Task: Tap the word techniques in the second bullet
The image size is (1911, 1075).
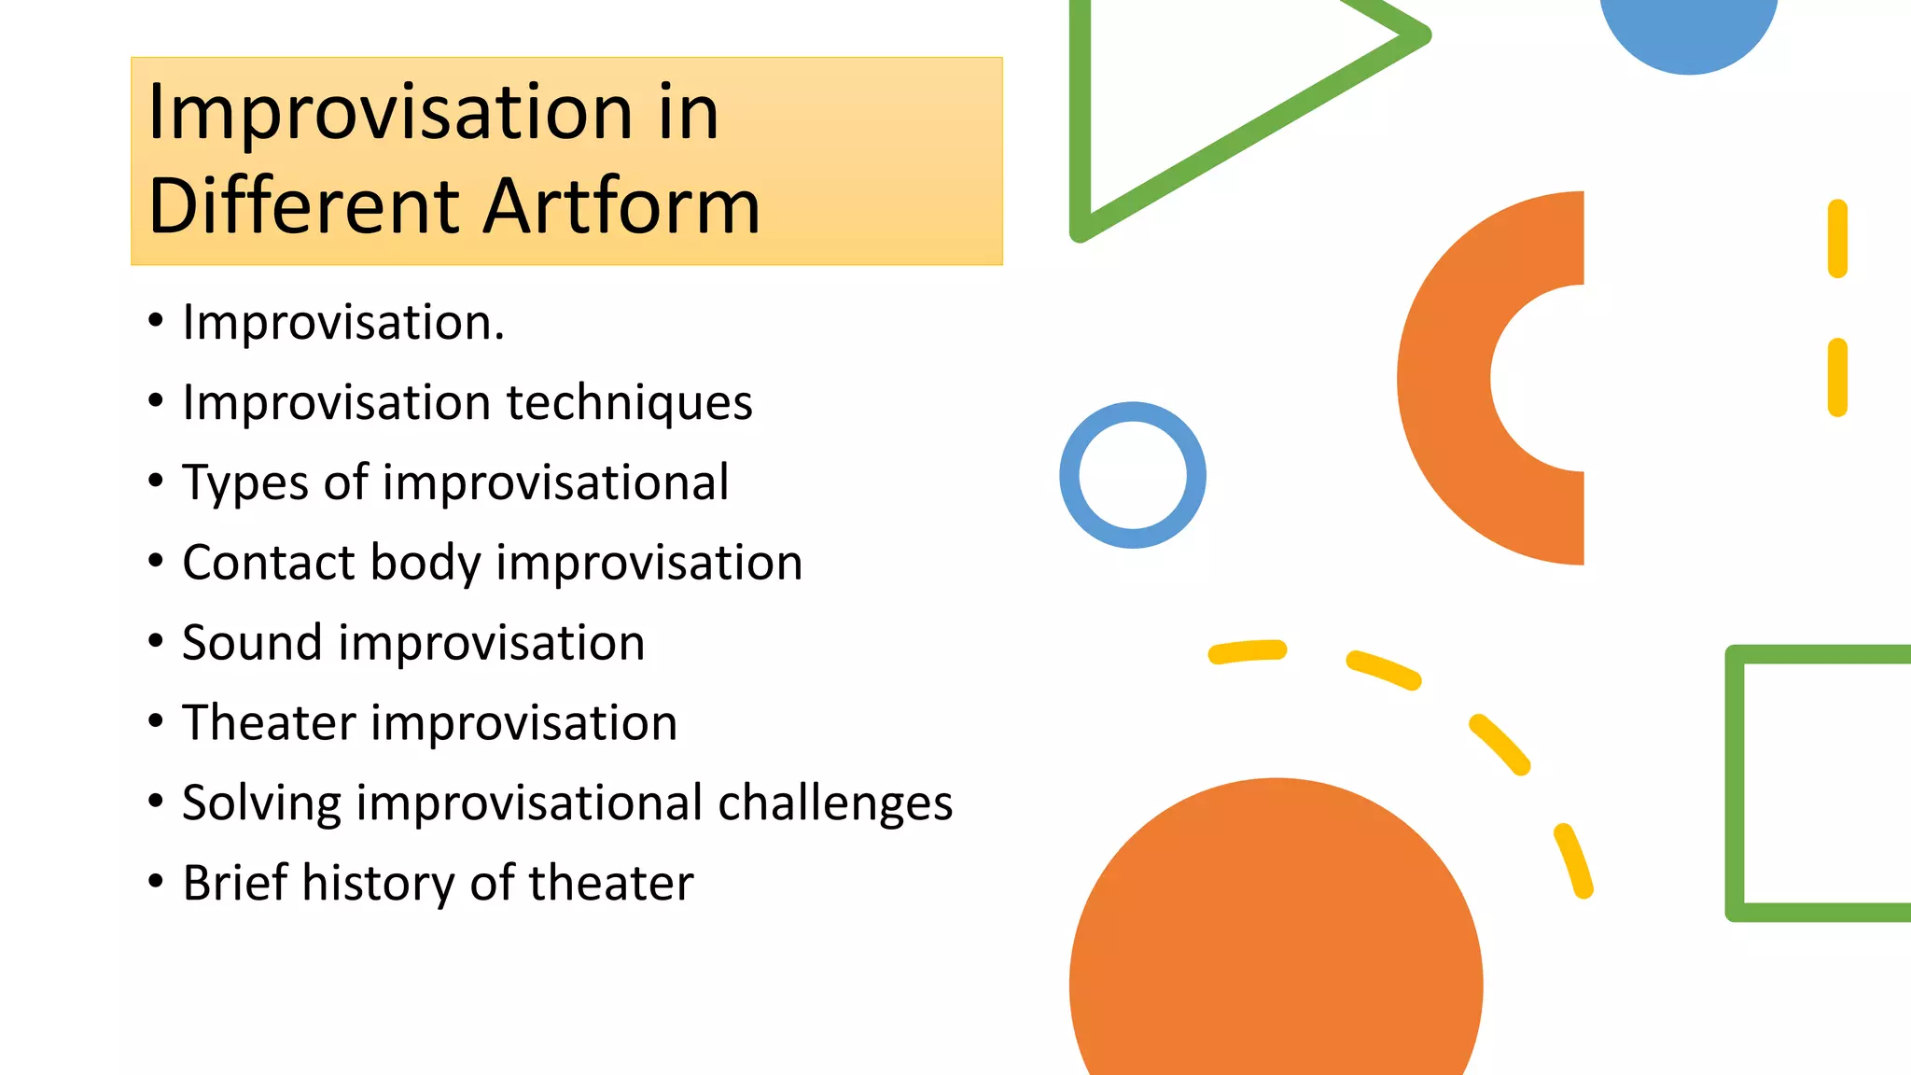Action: click(629, 403)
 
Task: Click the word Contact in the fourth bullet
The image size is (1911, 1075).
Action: click(269, 563)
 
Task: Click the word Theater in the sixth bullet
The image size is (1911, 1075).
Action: click(269, 723)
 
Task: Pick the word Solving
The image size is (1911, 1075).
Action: click(262, 803)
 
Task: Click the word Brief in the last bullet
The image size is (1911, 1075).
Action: click(235, 883)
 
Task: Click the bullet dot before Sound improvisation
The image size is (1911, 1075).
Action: click(156, 641)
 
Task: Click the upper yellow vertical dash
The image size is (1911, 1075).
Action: click(1837, 239)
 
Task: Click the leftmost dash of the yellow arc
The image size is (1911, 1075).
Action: click(1248, 651)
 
